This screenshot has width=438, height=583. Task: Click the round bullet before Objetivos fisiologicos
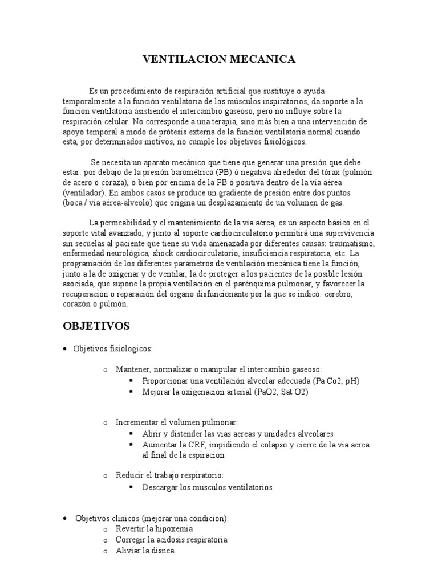66,348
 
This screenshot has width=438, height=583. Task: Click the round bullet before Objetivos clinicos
66,518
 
